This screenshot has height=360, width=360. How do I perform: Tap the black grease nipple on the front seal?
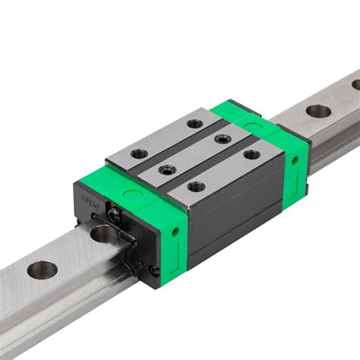(113, 216)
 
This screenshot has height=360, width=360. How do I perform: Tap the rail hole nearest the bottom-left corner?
(42, 269)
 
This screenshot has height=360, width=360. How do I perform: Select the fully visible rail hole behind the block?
(318, 111)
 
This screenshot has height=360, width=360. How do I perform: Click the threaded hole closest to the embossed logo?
(139, 153)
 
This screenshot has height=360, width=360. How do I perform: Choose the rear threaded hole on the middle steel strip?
(222, 138)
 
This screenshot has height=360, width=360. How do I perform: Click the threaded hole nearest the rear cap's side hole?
(251, 155)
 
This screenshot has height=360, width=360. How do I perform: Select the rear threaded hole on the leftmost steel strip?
(195, 123)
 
